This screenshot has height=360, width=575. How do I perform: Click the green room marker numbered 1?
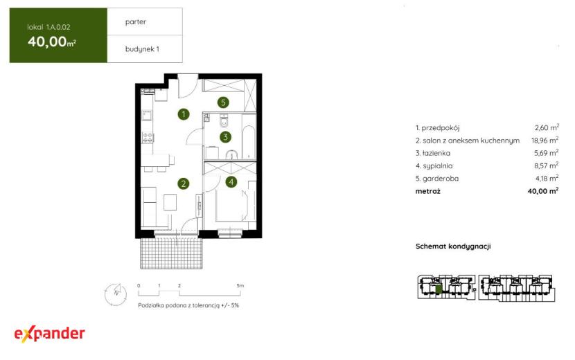point(184,114)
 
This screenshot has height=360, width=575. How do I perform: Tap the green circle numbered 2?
point(184,183)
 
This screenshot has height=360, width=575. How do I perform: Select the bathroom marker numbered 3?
point(226,137)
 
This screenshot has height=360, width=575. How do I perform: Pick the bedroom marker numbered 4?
point(231,181)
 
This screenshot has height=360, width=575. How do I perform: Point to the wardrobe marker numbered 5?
point(223,102)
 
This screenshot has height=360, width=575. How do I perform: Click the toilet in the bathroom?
point(224,121)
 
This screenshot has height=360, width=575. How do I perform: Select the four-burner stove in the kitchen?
point(148,138)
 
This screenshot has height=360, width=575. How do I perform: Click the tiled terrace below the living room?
point(171,253)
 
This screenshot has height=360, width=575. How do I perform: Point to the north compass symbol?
point(116,294)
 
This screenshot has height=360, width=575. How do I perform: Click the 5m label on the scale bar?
point(240,285)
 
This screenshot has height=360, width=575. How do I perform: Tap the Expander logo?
point(49,334)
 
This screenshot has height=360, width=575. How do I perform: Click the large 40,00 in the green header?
point(47,42)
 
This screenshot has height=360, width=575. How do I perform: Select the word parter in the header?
point(136,22)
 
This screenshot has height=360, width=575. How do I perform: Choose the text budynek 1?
point(142,49)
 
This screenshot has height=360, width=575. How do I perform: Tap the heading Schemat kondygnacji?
point(453,246)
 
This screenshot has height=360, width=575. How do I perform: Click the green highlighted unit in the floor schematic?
point(439,289)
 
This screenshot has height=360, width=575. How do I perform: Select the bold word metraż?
point(428,191)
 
